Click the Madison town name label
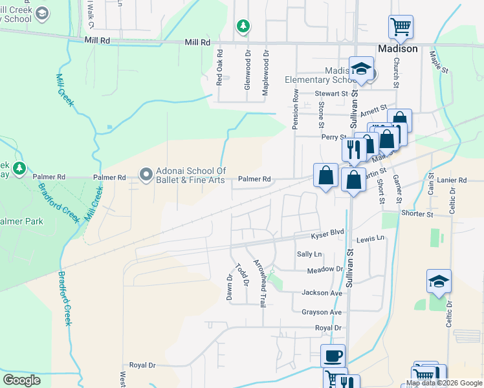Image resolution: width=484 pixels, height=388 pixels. click(x=397, y=49)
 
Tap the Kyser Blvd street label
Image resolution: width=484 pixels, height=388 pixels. click(x=327, y=235)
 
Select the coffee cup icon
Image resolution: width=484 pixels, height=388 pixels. click(x=333, y=356)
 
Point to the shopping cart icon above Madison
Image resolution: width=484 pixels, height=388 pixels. click(x=401, y=27)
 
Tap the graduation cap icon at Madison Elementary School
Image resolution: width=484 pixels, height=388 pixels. click(x=361, y=69)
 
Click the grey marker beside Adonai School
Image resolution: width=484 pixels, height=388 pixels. click(x=146, y=174)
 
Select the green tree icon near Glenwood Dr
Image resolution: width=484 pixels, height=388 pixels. click(x=243, y=26)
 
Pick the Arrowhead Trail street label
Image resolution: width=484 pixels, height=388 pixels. click(x=259, y=283)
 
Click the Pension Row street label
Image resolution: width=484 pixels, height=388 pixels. click(x=295, y=109)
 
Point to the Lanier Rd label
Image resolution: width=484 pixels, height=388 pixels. click(x=452, y=180)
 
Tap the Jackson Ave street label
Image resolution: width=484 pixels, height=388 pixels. click(x=322, y=293)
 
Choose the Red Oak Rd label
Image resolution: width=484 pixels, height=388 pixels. click(x=219, y=68)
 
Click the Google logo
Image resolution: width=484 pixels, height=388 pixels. click(x=21, y=380)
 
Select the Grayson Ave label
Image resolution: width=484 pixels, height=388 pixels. click(x=321, y=312)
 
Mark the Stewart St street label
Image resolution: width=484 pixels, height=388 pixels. click(x=331, y=94)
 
